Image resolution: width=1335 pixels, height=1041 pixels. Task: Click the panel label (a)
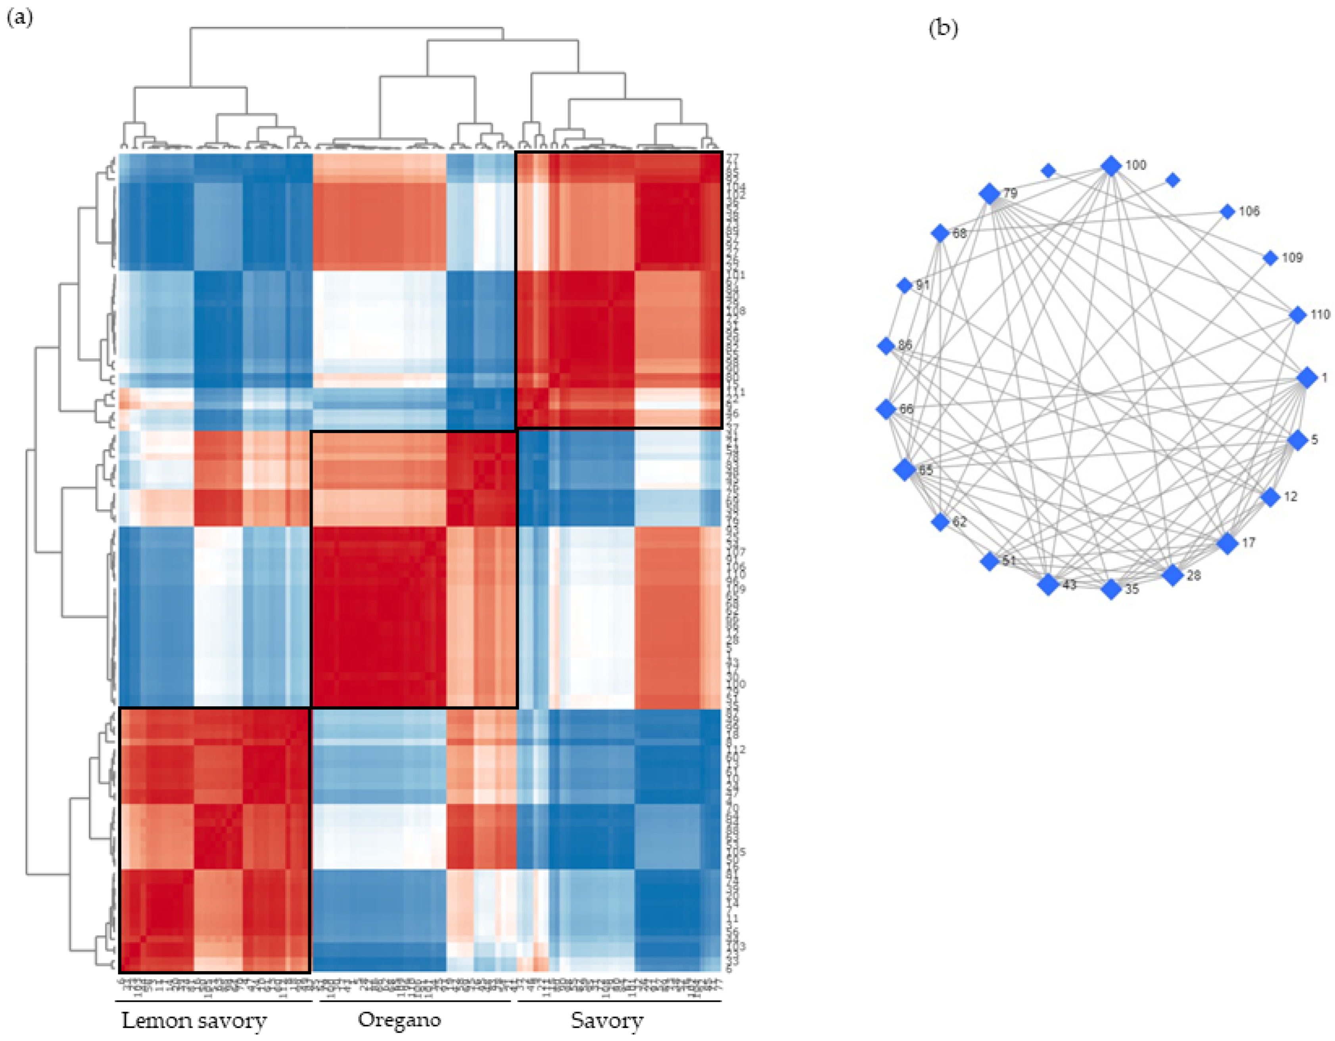19,18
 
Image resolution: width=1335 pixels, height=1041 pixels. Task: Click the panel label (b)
943,28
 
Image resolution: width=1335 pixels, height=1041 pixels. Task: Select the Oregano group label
399,1019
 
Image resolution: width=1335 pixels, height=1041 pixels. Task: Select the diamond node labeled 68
940,233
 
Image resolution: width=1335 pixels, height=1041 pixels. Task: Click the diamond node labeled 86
886,346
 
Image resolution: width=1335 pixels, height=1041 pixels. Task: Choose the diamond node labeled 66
886,409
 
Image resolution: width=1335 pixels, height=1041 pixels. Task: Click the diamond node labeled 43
1048,584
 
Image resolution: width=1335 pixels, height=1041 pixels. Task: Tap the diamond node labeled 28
1172,575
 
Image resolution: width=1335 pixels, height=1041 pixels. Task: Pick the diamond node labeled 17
1228,543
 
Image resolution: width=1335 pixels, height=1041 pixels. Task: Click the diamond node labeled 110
1298,315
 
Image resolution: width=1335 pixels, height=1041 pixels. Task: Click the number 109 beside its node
1292,258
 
